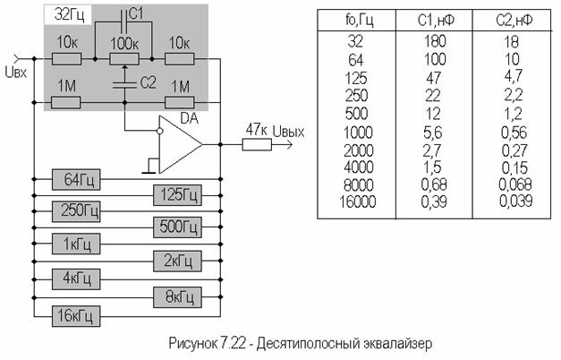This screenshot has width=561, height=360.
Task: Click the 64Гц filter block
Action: [x=76, y=179]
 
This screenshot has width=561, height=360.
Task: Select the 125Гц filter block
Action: [x=177, y=195]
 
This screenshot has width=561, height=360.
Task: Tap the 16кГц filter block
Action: [x=76, y=316]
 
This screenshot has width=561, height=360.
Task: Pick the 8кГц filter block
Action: [x=177, y=297]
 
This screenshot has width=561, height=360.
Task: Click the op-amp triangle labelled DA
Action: [x=180, y=144]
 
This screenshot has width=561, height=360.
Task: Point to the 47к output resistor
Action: [x=257, y=145]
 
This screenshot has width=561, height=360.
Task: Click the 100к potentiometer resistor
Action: [x=124, y=59]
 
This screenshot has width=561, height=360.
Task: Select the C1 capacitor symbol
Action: [x=124, y=21]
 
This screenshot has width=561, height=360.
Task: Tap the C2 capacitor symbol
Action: [x=124, y=85]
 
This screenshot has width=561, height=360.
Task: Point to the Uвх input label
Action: [x=16, y=73]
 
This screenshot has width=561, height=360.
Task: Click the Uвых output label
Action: [x=288, y=132]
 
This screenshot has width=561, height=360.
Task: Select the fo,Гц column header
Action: [x=359, y=20]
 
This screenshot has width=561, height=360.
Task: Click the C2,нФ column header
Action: [x=514, y=21]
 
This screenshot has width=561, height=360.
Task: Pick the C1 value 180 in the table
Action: [x=435, y=41]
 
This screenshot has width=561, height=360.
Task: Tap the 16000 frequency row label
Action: [x=358, y=201]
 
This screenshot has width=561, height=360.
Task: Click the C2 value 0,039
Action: [x=515, y=201]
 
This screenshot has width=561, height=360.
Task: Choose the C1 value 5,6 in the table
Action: [x=432, y=133]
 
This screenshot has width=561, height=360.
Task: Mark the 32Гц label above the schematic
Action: [x=69, y=15]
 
